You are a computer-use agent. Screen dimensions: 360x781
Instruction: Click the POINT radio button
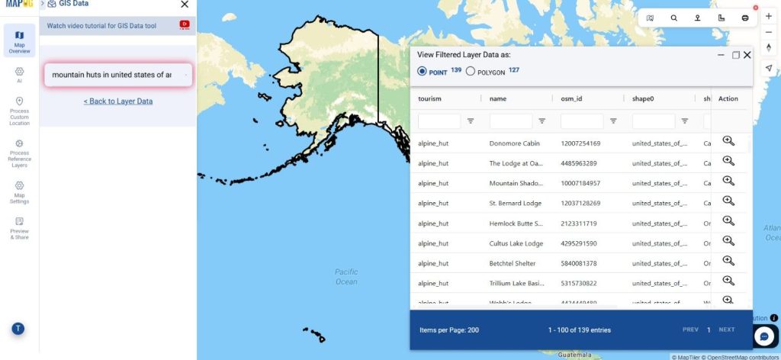pyautogui.click(x=422, y=72)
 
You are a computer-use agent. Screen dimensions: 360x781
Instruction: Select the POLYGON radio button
pyautogui.click(x=471, y=72)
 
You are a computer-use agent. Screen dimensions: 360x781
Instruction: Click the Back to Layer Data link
pyautogui.click(x=118, y=101)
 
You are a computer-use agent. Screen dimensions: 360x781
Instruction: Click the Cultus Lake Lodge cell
pyautogui.click(x=516, y=243)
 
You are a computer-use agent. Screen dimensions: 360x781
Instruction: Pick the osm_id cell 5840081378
pyautogui.click(x=580, y=263)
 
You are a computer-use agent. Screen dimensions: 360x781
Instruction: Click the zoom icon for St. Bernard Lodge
pyautogui.click(x=728, y=201)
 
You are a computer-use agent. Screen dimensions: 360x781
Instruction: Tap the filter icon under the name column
pyautogui.click(x=542, y=121)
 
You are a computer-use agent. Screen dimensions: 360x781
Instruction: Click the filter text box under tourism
pyautogui.click(x=439, y=121)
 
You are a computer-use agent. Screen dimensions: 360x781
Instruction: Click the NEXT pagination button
pyautogui.click(x=727, y=329)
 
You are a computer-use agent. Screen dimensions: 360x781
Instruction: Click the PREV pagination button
pyautogui.click(x=690, y=329)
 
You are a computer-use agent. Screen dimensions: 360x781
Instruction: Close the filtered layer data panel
pyautogui.click(x=747, y=55)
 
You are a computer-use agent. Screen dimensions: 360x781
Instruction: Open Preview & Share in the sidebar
pyautogui.click(x=19, y=228)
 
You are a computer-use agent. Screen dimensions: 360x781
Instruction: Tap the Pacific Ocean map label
pyautogui.click(x=346, y=277)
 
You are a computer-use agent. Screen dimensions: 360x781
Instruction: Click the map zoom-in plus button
pyautogui.click(x=768, y=17)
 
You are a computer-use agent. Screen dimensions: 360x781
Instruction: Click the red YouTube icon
pyautogui.click(x=185, y=25)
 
